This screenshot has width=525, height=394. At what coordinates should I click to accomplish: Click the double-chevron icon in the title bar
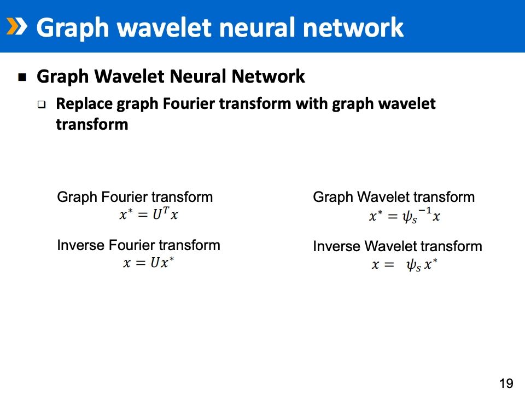click(x=16, y=26)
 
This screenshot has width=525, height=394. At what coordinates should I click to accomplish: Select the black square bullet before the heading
click(x=22, y=77)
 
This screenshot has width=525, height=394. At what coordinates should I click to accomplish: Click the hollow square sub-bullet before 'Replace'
click(x=42, y=105)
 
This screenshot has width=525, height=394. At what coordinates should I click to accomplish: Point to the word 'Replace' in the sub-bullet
click(x=83, y=103)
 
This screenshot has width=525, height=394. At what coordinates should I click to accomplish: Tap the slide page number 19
click(x=506, y=383)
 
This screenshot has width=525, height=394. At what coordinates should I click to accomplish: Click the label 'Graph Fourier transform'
click(x=135, y=197)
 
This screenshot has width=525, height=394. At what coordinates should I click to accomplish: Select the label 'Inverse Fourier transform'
click(x=138, y=245)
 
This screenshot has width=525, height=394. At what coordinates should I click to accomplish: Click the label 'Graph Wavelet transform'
click(x=394, y=197)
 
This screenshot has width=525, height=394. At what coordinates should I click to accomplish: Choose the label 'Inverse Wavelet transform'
click(x=398, y=246)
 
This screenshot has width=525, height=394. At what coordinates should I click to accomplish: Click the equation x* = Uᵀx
click(x=149, y=214)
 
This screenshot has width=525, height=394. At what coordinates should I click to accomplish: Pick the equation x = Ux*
click(x=149, y=263)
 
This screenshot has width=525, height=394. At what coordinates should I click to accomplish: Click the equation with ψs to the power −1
click(x=405, y=217)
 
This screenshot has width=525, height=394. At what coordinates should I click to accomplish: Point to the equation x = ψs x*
click(x=405, y=265)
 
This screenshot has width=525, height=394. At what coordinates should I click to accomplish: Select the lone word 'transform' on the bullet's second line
click(x=92, y=124)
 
